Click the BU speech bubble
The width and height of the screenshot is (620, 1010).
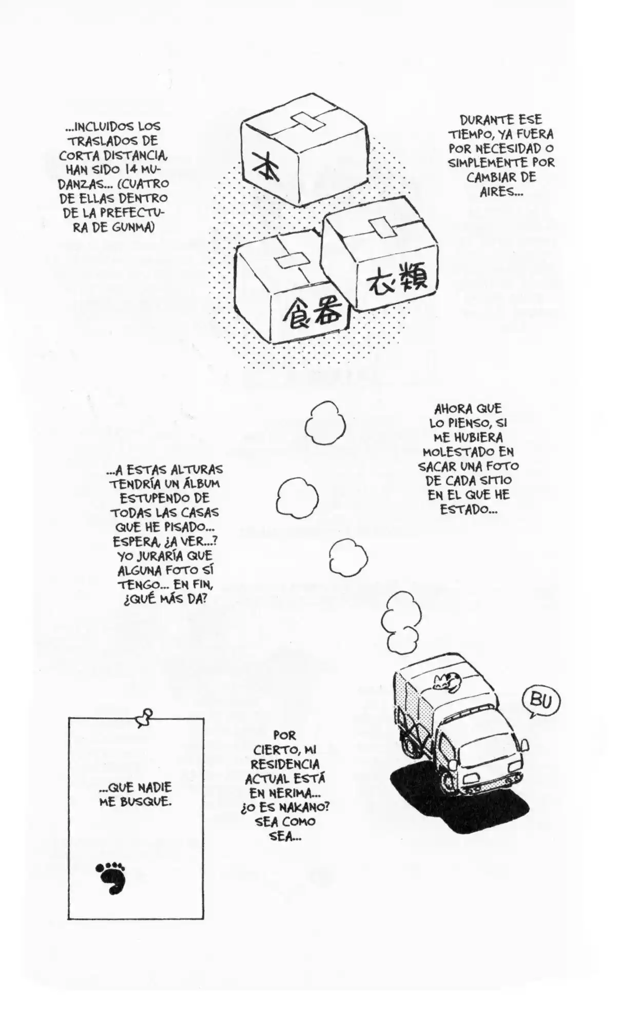(x=538, y=699)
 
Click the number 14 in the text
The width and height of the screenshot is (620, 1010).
(x=130, y=169)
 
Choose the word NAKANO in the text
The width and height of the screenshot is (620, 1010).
(x=302, y=807)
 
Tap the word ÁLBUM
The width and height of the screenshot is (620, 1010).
(x=199, y=483)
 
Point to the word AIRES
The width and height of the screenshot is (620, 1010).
(x=500, y=192)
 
